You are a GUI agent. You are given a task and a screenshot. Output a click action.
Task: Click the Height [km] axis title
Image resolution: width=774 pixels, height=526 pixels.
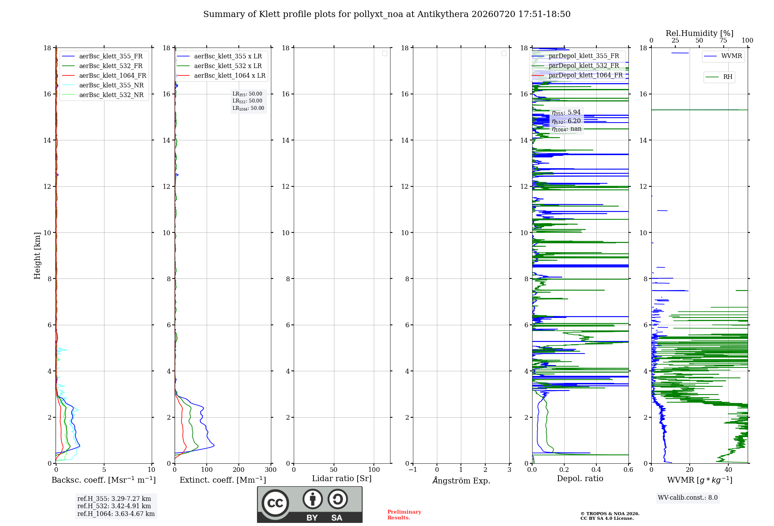point(37,256)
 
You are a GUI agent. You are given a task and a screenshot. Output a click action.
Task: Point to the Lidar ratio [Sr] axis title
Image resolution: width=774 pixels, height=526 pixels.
point(342,479)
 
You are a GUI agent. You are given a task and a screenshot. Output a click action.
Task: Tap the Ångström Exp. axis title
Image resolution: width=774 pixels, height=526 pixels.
point(461,480)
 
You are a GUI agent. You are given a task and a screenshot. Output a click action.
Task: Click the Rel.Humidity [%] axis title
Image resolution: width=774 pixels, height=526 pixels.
point(700,33)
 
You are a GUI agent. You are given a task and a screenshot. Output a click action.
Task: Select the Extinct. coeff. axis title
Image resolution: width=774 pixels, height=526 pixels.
point(223,480)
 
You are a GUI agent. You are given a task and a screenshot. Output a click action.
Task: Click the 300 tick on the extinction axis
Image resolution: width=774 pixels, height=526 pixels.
point(271,470)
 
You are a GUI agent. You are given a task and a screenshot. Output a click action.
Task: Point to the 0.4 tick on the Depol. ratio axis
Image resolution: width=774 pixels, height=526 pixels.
point(596,470)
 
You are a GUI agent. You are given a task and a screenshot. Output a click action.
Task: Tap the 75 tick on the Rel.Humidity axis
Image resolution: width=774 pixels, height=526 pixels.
point(723,41)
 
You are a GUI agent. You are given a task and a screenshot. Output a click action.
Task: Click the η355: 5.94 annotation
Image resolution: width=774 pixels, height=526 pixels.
point(566,113)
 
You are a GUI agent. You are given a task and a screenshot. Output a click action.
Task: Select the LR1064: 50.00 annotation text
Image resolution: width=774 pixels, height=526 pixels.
point(248,108)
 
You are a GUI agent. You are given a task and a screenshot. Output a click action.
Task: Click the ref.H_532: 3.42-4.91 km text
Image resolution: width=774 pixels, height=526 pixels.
point(114,506)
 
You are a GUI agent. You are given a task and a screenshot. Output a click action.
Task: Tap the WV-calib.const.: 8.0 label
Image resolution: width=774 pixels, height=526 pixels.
point(688,498)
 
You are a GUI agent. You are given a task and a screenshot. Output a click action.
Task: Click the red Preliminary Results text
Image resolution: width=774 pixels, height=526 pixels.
point(404,515)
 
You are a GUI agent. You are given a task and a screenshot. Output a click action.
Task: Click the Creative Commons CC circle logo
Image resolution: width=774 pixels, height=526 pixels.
point(275,503)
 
